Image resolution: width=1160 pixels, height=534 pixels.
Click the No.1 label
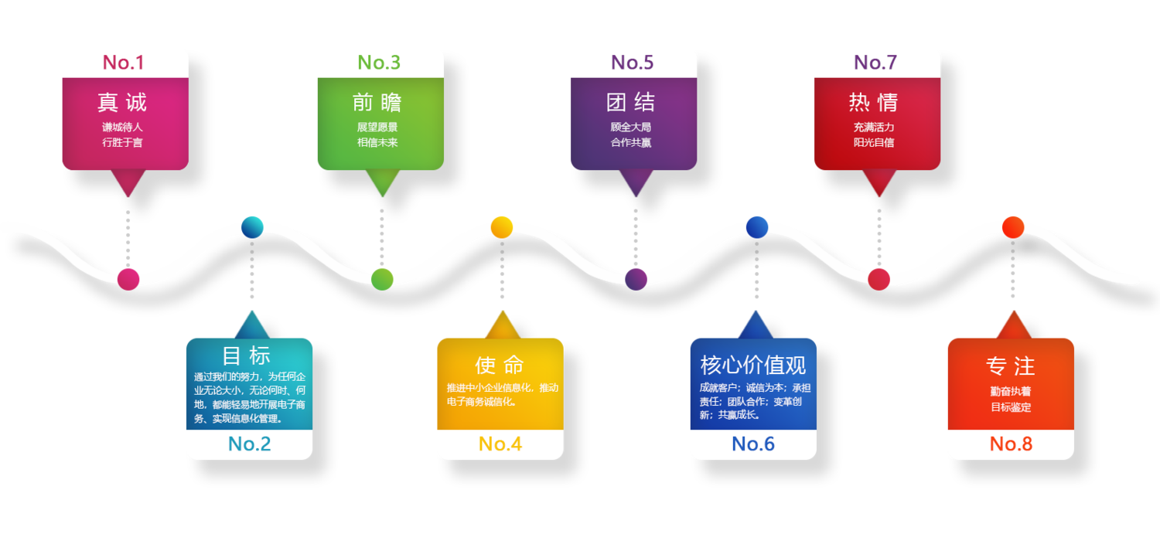click(x=124, y=63)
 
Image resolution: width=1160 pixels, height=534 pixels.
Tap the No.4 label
click(x=500, y=444)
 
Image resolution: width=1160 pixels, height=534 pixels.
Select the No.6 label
click(x=753, y=444)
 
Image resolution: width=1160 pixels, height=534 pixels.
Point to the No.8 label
click(x=1011, y=444)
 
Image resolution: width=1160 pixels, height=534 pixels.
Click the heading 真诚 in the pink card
click(x=122, y=102)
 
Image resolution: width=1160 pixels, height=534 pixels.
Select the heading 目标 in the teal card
click(x=247, y=355)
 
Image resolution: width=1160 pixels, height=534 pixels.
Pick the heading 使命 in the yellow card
click(x=500, y=365)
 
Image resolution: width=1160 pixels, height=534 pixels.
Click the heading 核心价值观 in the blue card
click(x=753, y=364)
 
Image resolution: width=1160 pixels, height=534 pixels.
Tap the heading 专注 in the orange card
click(x=1011, y=366)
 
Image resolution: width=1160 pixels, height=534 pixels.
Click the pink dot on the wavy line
click(x=128, y=278)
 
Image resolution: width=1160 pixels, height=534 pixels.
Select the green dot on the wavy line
click(x=382, y=279)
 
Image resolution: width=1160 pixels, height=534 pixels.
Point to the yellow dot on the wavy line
click(x=502, y=226)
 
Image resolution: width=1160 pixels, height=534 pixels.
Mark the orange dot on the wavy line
click(x=1013, y=227)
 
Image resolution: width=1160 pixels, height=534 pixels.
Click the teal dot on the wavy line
click(x=252, y=227)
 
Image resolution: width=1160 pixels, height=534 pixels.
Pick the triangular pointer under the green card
click(x=381, y=182)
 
